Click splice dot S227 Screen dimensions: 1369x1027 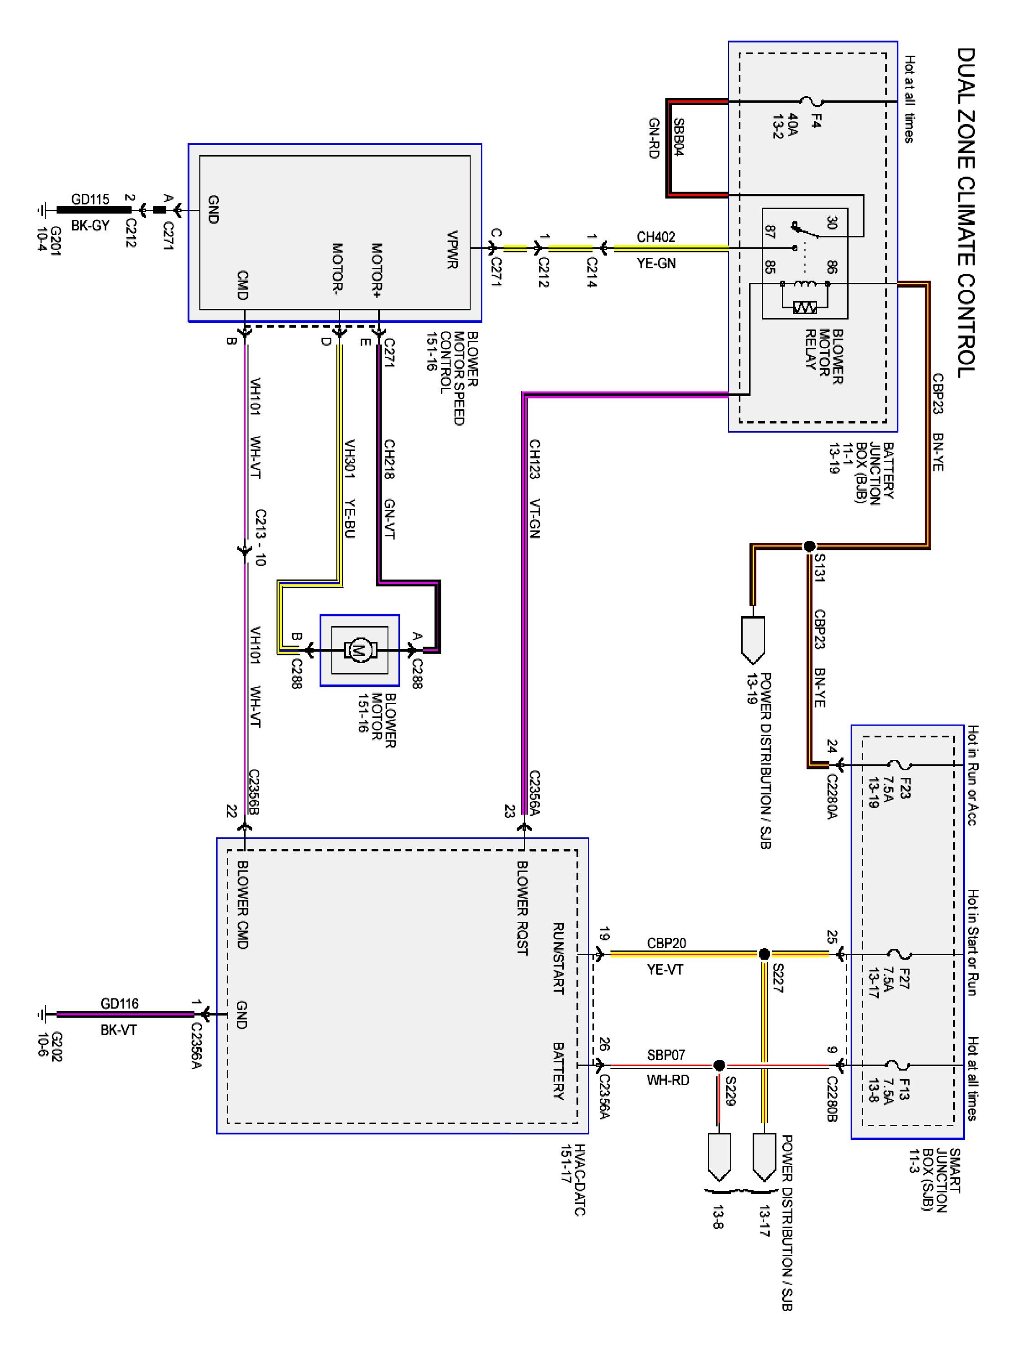[x=765, y=954]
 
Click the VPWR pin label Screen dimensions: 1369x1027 [x=452, y=250]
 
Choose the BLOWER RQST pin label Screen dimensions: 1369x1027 [x=522, y=908]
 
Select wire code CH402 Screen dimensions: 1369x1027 [x=655, y=237]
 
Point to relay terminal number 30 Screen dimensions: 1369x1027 [x=831, y=222]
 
